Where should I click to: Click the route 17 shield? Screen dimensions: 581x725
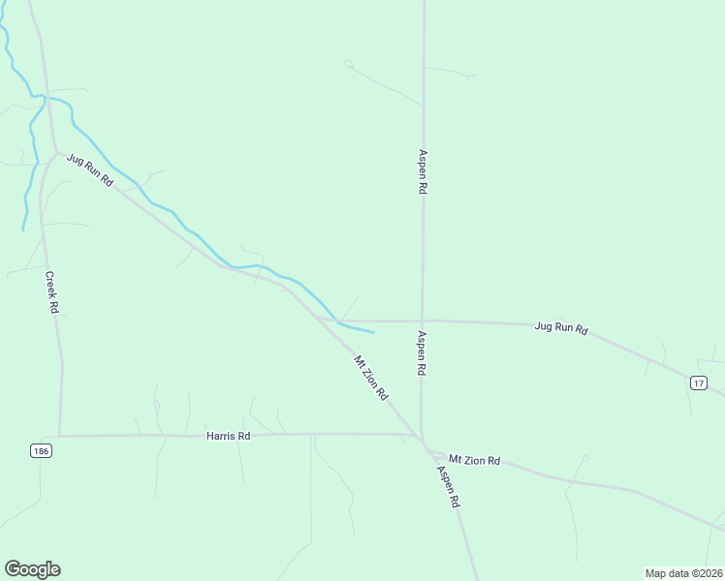[x=699, y=383]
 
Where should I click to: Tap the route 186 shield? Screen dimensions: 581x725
[x=40, y=451]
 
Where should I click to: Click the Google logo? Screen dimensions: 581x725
[x=32, y=569]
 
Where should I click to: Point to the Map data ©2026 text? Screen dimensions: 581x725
[x=683, y=572]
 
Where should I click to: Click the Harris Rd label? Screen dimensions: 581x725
[x=229, y=437]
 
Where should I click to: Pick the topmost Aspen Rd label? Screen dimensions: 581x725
[x=423, y=172]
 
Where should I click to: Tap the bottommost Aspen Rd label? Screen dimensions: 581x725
[x=447, y=488]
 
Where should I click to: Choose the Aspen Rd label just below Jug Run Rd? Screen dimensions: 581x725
[x=422, y=353]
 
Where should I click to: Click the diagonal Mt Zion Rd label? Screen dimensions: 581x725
[x=371, y=379]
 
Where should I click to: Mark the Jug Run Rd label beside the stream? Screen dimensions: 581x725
[x=90, y=170]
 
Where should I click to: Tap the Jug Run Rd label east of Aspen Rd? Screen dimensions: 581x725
[x=561, y=327]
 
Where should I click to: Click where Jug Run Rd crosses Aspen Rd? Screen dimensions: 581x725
[x=422, y=321]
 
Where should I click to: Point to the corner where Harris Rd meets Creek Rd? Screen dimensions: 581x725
[x=60, y=436]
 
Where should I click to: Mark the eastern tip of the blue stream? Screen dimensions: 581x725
[x=374, y=332]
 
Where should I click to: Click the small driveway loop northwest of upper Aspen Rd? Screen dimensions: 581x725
[x=348, y=64]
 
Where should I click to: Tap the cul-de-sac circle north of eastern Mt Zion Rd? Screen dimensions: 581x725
[x=585, y=458]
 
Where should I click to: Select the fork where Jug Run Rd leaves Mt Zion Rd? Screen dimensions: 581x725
[x=316, y=318]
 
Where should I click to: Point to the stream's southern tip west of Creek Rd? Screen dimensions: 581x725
[x=23, y=229]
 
